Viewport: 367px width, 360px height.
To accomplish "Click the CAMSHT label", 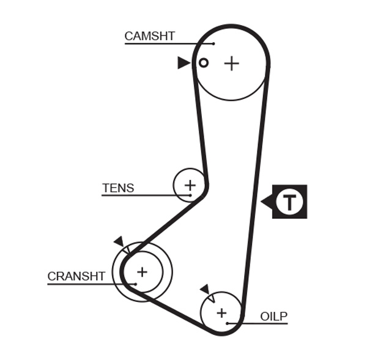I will pos(149,36).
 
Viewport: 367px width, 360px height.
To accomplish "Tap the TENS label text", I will pos(118,188).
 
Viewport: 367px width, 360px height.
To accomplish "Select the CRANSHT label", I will pos(76,276).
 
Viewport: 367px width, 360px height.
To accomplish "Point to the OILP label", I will pos(273,316).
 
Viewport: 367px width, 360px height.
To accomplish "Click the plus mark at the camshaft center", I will pos(231,63).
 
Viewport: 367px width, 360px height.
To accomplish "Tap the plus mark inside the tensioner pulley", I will pos(190,185).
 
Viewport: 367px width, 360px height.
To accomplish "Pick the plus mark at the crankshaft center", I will pos(142,271).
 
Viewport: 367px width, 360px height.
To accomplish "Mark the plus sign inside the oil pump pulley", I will pos(221,312).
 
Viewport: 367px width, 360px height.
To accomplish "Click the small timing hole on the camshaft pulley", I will pos(204,62).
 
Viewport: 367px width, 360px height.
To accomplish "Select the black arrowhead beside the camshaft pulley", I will pos(183,62).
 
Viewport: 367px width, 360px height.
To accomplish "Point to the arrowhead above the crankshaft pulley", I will pos(119,242).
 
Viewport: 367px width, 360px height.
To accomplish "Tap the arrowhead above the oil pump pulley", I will pos(205,289).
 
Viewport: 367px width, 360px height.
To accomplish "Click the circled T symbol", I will pos(289,202).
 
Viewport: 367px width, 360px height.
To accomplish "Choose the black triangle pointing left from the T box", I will pos(266,201).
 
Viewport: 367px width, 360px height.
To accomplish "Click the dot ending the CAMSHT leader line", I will pos(213,44).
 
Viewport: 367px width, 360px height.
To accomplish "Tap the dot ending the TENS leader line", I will pos(190,196).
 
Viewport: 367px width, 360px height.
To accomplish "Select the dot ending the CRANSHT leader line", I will pos(134,284).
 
